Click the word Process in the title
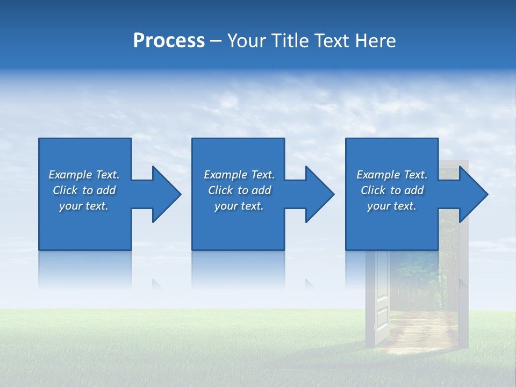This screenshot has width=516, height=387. pos(169,41)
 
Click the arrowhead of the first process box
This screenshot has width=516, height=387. pos(164,194)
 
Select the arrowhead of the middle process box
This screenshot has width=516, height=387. pos(318,194)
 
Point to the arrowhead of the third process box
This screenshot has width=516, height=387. pos(471,194)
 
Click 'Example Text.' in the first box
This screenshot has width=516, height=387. pos(84,175)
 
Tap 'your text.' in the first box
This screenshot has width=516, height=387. pos(84,206)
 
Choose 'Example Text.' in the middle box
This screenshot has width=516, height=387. pos(239,175)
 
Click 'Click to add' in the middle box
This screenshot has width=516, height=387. pos(239,190)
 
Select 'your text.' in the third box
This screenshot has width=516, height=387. pos(391,206)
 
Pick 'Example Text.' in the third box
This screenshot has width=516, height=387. pos(391,175)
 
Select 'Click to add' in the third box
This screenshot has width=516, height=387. pos(391,190)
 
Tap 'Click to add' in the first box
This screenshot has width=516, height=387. pos(84,190)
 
